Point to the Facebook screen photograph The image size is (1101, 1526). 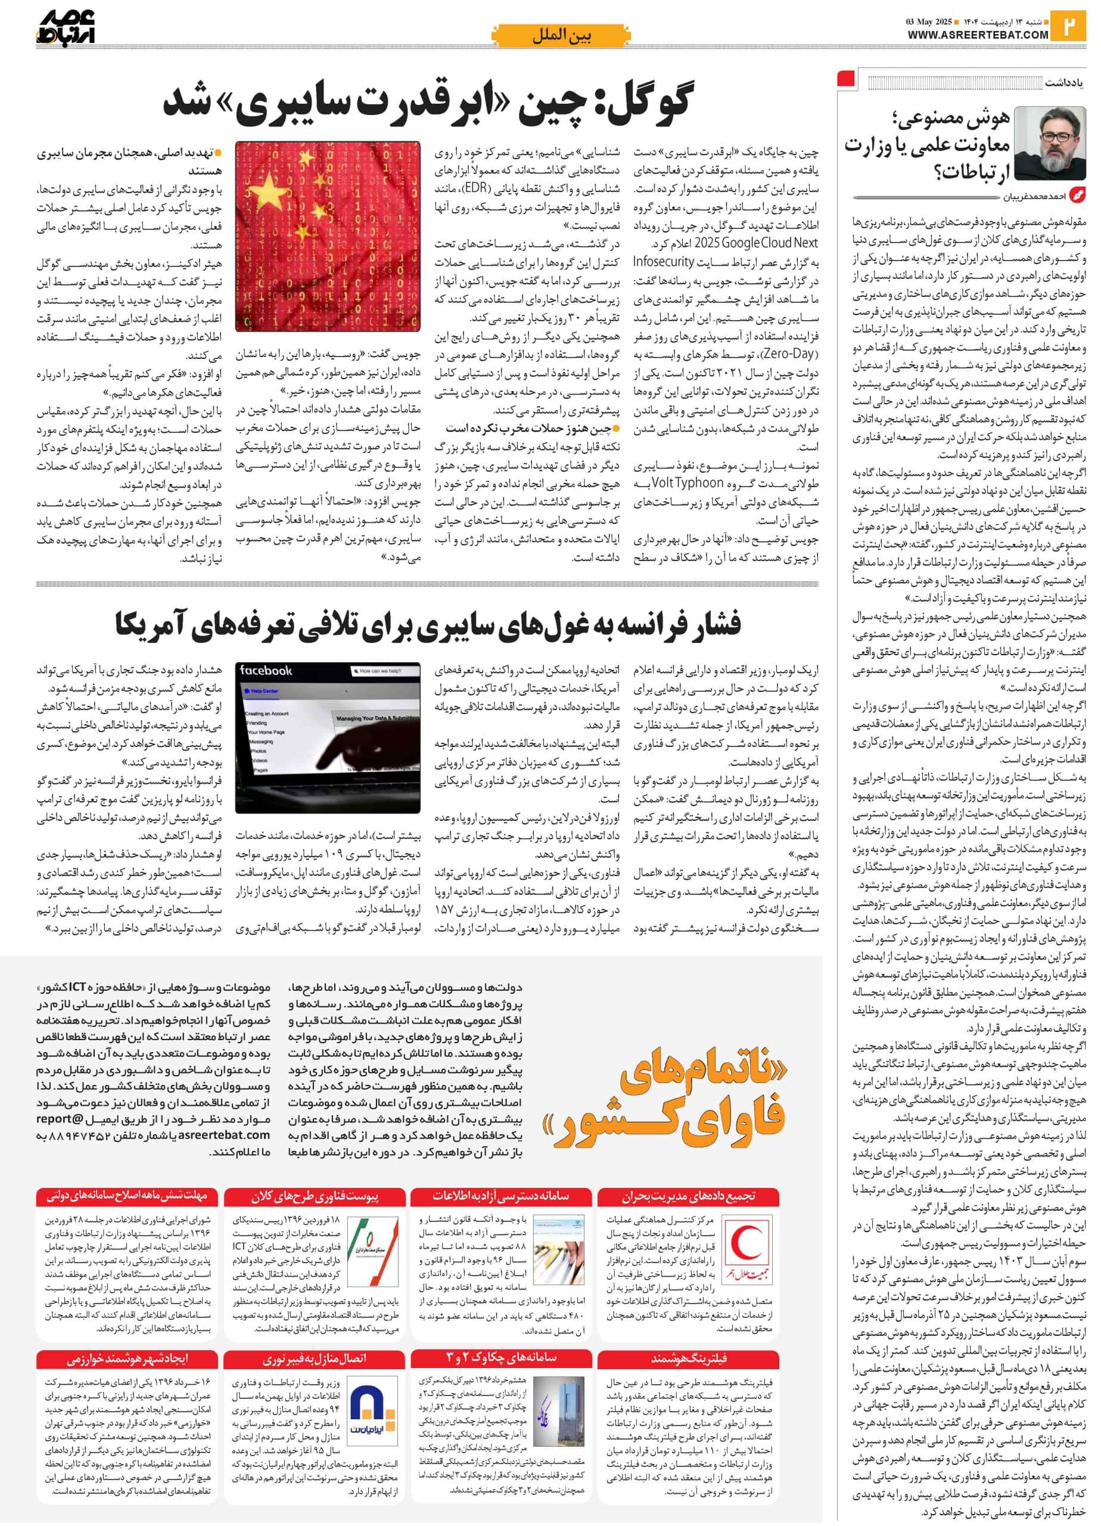pos(328,737)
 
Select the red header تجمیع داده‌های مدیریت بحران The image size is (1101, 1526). pos(688,1196)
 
